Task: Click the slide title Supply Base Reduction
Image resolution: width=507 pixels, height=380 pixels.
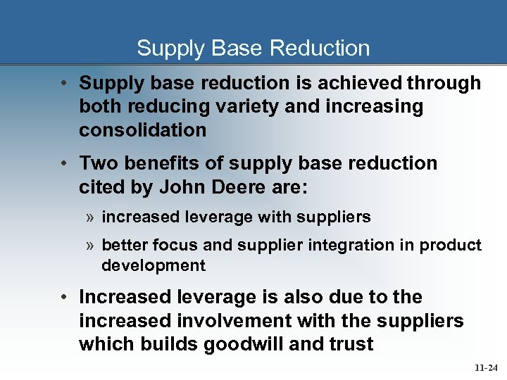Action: [x=253, y=48]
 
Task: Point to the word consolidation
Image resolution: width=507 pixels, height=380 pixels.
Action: [x=142, y=130]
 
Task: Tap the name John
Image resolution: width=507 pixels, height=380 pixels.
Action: [x=180, y=186]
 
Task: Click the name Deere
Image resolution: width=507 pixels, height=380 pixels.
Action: [x=234, y=186]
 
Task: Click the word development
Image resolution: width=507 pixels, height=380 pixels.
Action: [x=153, y=265]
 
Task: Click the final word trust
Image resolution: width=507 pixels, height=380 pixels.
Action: [x=349, y=344]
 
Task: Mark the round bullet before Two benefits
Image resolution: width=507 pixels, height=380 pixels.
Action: [x=64, y=163]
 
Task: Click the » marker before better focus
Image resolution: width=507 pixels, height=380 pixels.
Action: [x=91, y=245]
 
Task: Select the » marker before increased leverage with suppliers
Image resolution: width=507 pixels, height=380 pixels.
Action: [x=91, y=217]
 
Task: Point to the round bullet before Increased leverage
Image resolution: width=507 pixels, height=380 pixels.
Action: [x=64, y=298]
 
